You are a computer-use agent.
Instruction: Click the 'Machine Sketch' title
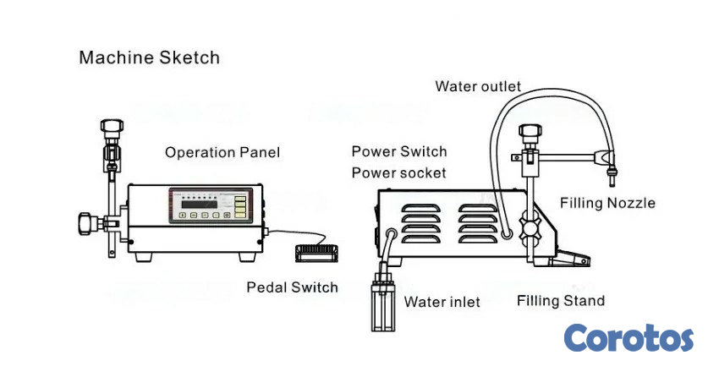pos(149,58)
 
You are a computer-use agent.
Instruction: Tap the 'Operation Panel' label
pos(222,153)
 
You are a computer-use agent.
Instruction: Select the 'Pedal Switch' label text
pos(292,287)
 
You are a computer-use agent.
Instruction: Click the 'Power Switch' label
pos(399,152)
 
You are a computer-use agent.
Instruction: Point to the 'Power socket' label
pos(399,173)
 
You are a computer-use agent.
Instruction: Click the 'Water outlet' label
pos(478,86)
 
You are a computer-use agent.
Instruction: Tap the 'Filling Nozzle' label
pos(607,203)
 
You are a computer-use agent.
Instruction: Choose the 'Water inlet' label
pos(442,302)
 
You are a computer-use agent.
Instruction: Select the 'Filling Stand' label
pos(561,301)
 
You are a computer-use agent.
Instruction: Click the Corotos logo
pos(628,338)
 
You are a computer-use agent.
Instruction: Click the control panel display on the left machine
pos(204,204)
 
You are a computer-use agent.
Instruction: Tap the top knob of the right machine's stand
pos(530,133)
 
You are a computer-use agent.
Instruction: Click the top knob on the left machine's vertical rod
pos(110,128)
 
